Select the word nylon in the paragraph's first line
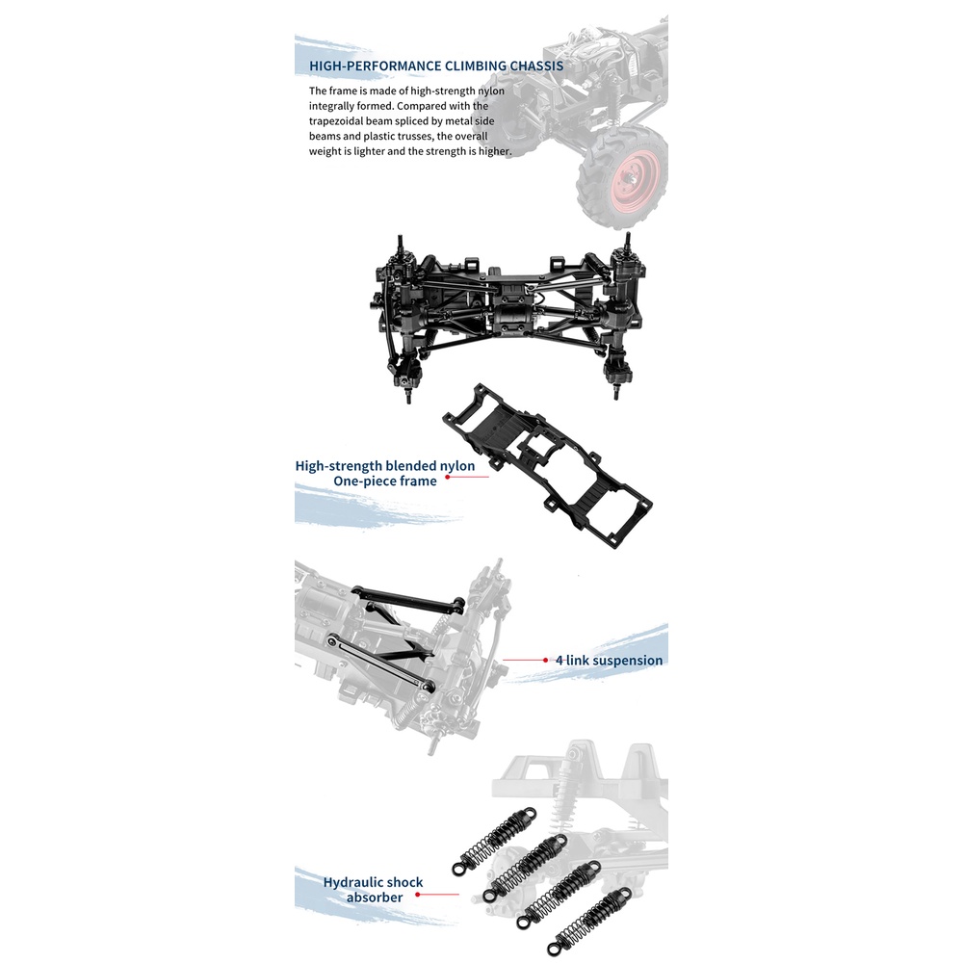coord(491,91)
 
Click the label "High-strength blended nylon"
coord(385,465)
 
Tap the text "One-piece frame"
coord(385,481)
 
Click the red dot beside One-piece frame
coord(448,477)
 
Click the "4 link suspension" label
coord(610,661)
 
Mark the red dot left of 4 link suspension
coord(545,661)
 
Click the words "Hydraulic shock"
coord(374,882)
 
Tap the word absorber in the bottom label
coord(375,898)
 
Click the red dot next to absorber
coord(418,895)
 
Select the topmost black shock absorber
coord(494,840)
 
